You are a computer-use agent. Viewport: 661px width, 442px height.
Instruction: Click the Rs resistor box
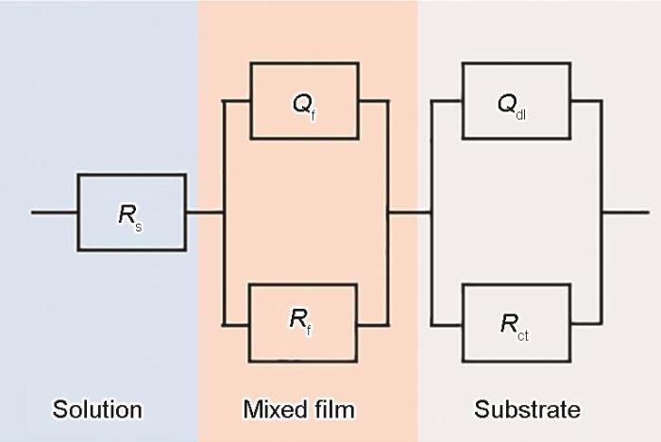tap(131, 212)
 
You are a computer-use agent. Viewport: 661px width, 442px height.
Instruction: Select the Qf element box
tap(303, 101)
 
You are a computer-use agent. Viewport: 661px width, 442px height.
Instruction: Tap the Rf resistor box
tap(303, 322)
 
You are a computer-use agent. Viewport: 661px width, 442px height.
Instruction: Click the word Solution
tap(97, 409)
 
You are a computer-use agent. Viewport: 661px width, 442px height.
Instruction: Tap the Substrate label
tap(527, 409)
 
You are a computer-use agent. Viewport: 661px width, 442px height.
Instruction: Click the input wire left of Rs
tap(54, 212)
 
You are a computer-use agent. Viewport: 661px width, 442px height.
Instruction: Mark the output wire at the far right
tap(625, 212)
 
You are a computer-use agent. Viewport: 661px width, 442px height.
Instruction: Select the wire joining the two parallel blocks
tap(410, 212)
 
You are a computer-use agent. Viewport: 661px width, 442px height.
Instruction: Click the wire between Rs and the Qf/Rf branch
tap(203, 212)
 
